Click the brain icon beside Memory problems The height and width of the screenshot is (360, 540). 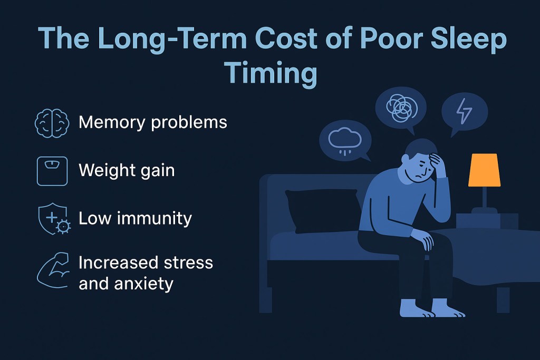click(52, 123)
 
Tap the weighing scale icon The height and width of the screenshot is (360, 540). click(52, 171)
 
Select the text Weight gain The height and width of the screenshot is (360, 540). click(127, 171)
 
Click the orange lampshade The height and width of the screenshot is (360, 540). click(484, 170)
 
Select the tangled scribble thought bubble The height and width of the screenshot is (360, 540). click(400, 108)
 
